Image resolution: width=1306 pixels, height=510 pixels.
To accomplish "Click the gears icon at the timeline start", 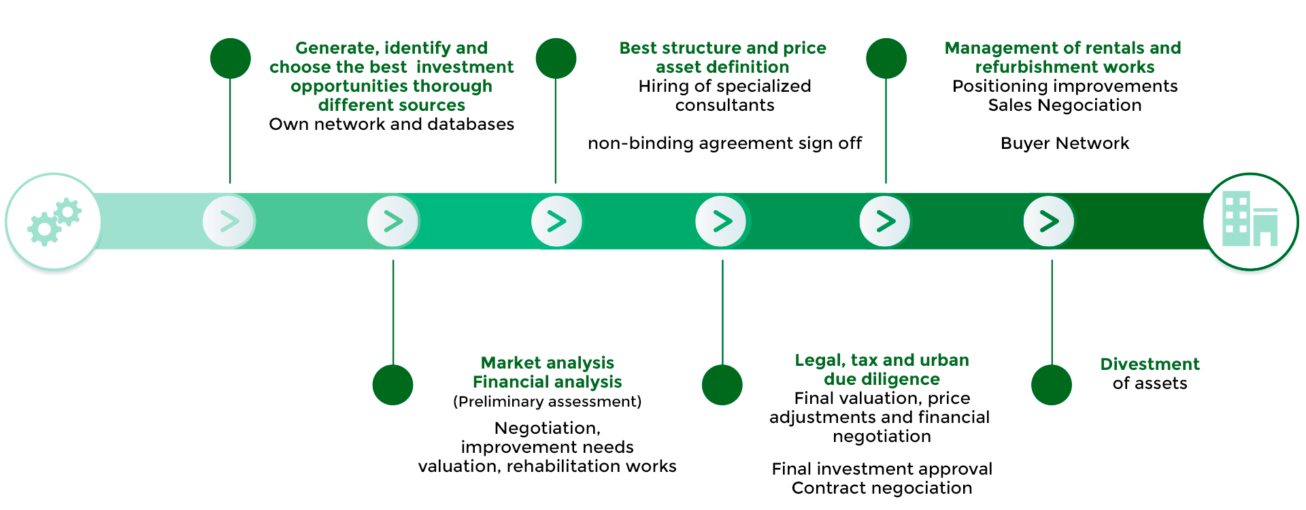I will click(x=54, y=222).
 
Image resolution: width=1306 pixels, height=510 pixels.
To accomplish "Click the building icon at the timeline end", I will click(x=1250, y=220).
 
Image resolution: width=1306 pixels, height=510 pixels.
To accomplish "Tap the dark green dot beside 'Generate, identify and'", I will click(x=231, y=58).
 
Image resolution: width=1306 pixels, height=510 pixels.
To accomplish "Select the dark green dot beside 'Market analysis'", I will click(x=393, y=385).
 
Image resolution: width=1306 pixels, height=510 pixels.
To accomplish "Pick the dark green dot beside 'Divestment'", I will click(x=1052, y=385).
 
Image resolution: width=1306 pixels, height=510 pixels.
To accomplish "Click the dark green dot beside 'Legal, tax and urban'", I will click(x=722, y=385).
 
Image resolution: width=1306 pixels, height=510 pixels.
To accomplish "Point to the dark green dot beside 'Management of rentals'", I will click(x=886, y=58).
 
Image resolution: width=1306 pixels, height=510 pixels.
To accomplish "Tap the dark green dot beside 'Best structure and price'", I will click(x=556, y=58).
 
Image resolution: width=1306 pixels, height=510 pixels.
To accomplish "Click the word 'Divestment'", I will click(x=1150, y=364).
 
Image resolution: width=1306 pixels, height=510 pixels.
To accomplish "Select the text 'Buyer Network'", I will click(x=1065, y=143).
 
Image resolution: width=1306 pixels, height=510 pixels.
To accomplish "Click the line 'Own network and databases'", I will click(x=391, y=124).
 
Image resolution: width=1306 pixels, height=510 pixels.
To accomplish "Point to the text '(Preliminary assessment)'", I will click(x=547, y=402).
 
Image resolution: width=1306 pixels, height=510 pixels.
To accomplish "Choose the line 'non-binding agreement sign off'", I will click(x=724, y=143).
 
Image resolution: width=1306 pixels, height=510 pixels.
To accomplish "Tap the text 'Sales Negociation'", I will click(x=1065, y=105).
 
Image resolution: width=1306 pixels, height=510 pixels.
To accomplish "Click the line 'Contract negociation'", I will click(x=882, y=488).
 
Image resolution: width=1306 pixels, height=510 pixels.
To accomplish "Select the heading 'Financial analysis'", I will click(x=547, y=382).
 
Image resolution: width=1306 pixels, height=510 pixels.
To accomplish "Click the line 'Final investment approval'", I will click(x=882, y=469).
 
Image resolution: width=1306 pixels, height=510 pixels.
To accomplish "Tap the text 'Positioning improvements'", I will click(x=1065, y=86).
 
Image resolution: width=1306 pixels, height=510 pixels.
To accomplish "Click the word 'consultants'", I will click(x=724, y=105).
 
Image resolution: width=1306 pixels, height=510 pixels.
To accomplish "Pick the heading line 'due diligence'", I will click(x=882, y=379).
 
